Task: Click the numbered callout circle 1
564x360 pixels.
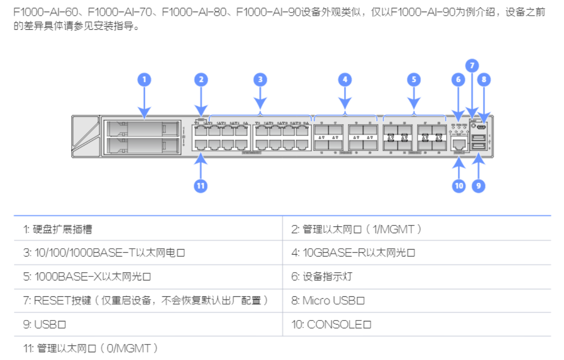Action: [144, 80]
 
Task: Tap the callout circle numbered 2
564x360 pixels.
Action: [201, 80]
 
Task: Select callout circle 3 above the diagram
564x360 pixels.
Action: [260, 80]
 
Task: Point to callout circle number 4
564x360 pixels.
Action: [345, 80]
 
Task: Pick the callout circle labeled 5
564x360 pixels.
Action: [414, 80]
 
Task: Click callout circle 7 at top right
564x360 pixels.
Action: [472, 65]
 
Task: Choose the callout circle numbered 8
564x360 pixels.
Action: [484, 80]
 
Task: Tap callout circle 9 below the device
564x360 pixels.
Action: [479, 186]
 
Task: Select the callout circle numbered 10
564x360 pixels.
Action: [459, 186]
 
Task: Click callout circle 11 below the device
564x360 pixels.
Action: [201, 186]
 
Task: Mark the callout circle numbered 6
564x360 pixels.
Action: [458, 80]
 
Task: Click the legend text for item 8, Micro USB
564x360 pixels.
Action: [328, 301]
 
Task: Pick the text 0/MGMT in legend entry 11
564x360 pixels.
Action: [128, 348]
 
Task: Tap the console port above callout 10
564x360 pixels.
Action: [459, 144]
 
